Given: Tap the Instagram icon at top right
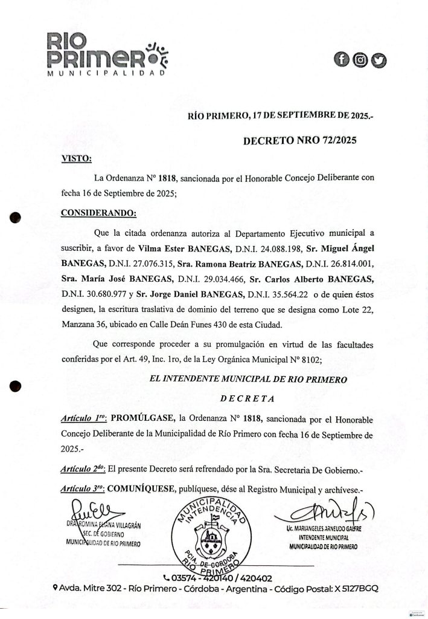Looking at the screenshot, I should (x=360, y=59).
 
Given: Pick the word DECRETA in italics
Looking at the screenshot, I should (x=248, y=398).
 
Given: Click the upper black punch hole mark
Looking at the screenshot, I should (x=16, y=219).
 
